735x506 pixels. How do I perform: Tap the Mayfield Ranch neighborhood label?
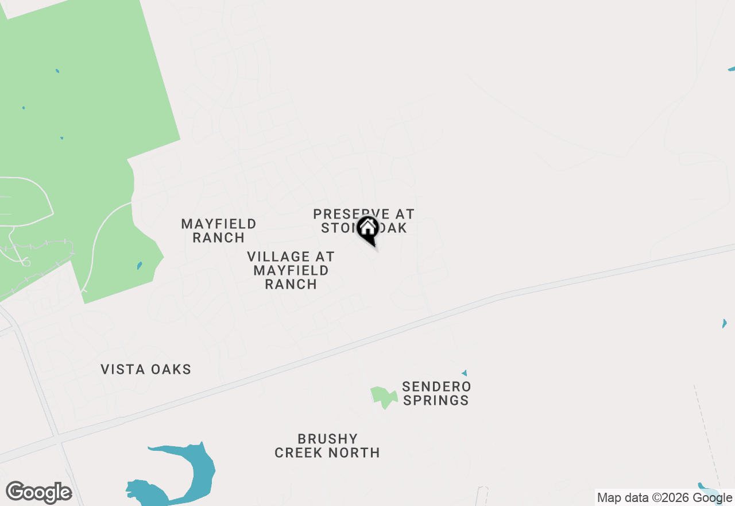tap(219, 231)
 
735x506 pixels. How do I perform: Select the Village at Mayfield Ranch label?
tap(291, 270)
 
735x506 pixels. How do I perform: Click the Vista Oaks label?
tap(146, 369)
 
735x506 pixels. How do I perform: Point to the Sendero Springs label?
tap(436, 393)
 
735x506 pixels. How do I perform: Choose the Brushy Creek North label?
tap(327, 446)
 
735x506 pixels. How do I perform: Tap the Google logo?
tap(38, 493)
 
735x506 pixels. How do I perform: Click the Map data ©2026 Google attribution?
tap(664, 498)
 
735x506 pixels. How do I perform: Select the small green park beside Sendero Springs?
tap(383, 396)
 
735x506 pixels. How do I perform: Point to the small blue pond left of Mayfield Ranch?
tap(140, 266)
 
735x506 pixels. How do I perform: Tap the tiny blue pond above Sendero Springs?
tap(464, 373)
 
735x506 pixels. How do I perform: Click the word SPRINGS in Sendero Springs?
tap(436, 400)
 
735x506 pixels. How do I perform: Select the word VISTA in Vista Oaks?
tap(122, 369)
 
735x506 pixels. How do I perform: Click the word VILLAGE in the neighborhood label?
tap(291, 256)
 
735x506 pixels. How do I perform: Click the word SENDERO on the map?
tap(436, 386)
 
